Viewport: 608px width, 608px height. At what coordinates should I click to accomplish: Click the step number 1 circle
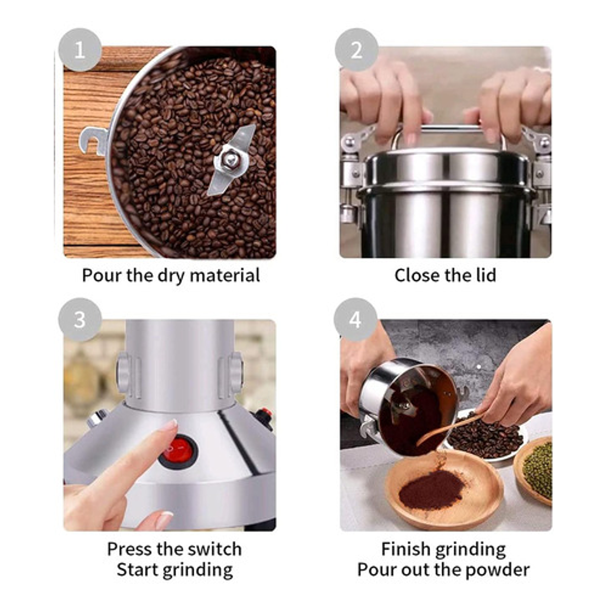click(x=80, y=50)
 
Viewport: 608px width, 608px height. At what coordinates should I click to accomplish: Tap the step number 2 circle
click(x=356, y=50)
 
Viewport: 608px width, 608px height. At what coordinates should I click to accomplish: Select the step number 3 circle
click(x=80, y=319)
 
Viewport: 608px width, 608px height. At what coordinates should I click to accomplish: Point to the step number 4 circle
click(x=355, y=319)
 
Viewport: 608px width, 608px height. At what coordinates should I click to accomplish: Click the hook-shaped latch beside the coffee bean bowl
click(x=94, y=141)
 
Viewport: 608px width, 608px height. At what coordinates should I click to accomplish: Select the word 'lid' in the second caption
click(x=486, y=275)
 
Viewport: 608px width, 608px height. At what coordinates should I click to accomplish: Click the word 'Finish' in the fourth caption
click(x=403, y=549)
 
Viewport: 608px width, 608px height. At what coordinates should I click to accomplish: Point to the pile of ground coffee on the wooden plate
click(x=432, y=489)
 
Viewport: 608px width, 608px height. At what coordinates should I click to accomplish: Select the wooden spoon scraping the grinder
click(x=451, y=429)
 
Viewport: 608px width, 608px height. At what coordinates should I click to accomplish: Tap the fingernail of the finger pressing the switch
click(x=170, y=425)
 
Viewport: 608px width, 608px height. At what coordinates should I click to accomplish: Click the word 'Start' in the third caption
click(x=137, y=570)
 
